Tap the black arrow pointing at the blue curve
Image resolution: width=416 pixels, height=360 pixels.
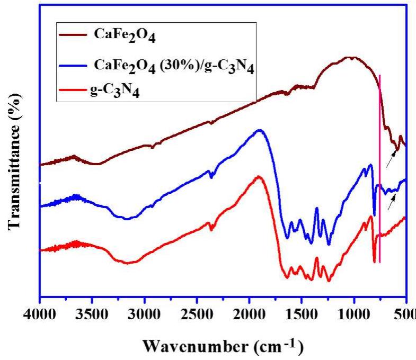(392, 202)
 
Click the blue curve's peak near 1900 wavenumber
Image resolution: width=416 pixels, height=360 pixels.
(260, 130)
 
